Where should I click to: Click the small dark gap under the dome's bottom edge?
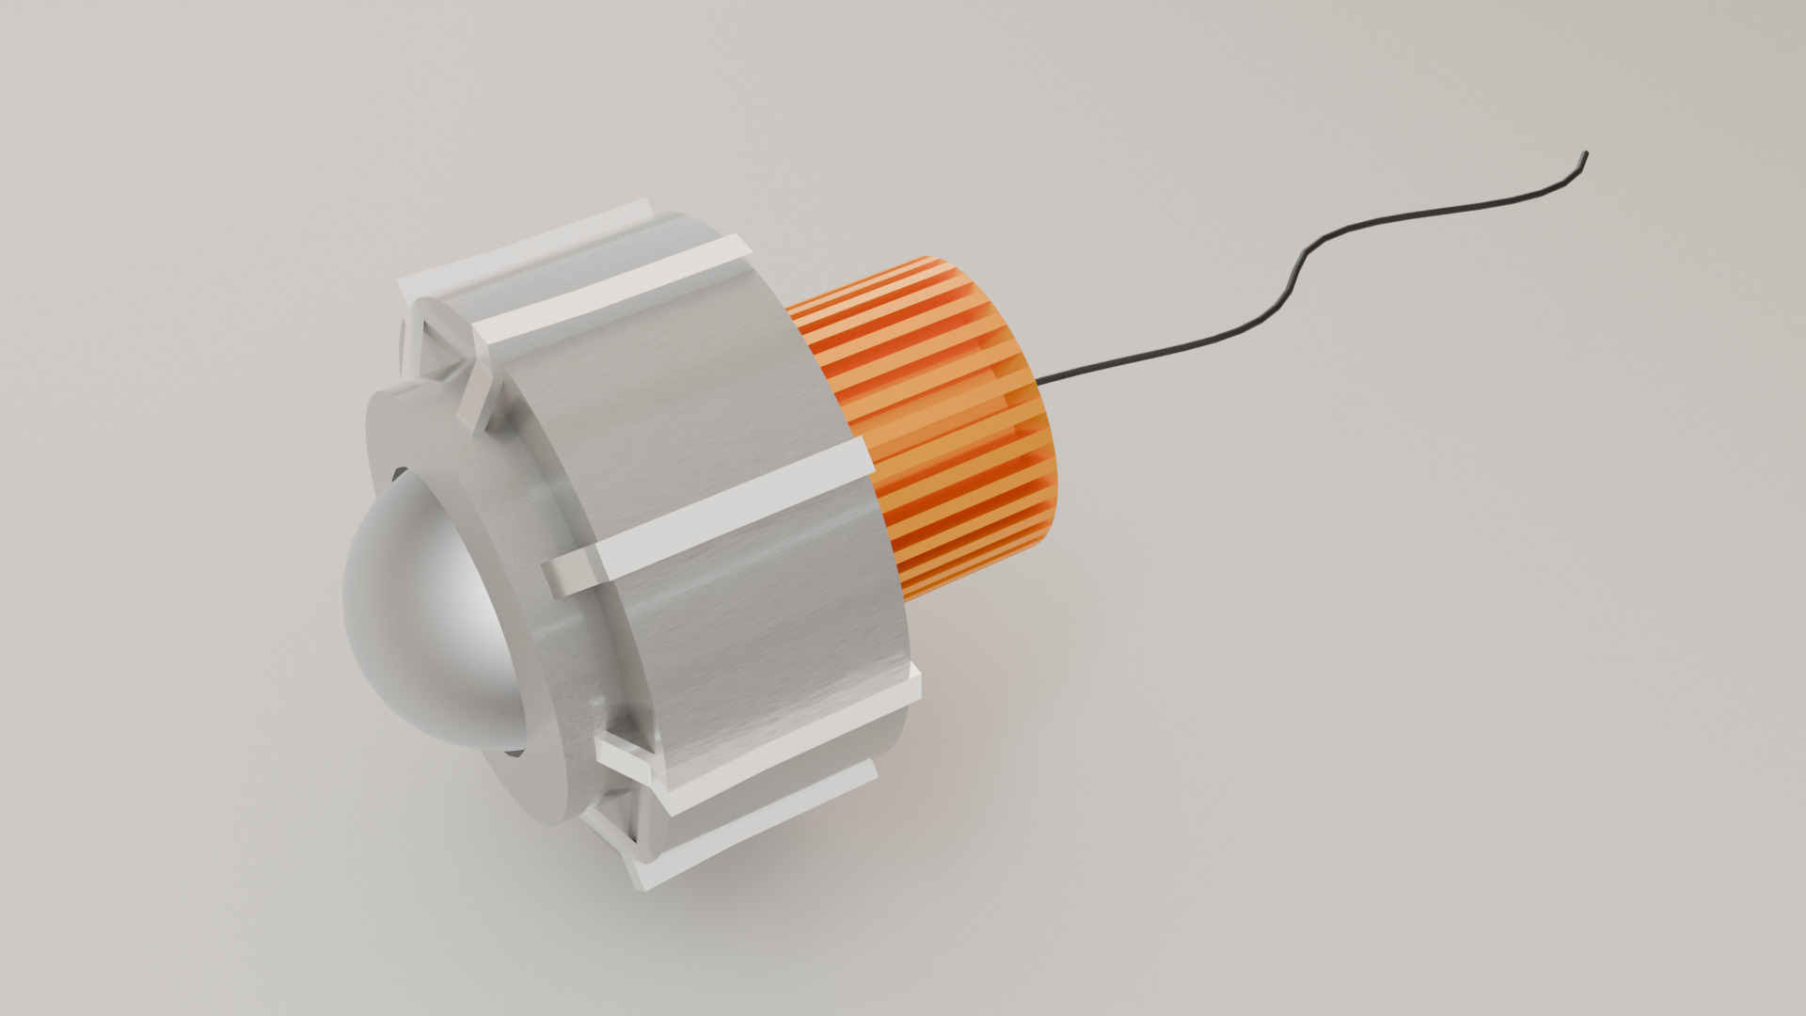point(514,751)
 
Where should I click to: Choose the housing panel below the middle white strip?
point(752,640)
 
